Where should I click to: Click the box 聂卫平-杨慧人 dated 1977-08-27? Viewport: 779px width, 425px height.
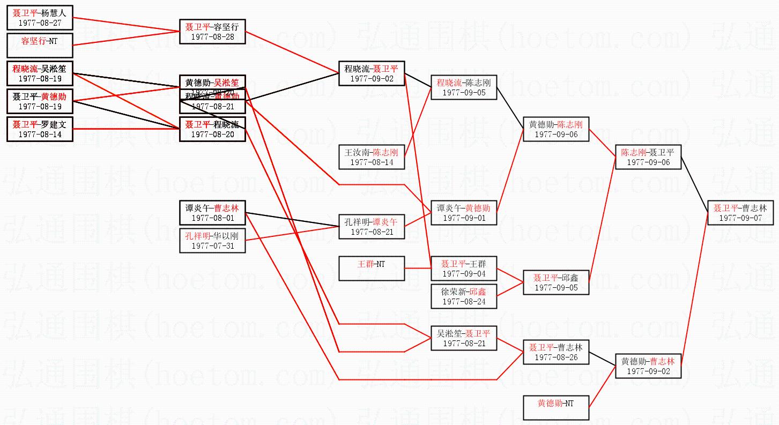(x=40, y=18)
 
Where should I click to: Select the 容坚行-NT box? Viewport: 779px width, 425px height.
(x=40, y=45)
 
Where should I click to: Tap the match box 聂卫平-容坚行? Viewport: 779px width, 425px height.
(x=212, y=32)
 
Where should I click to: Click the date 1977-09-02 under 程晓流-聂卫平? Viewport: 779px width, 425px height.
(x=372, y=78)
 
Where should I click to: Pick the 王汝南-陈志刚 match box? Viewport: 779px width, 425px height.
(x=372, y=157)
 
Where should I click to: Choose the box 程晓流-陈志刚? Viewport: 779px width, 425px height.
(x=464, y=87)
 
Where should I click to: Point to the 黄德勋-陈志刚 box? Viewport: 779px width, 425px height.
(x=556, y=129)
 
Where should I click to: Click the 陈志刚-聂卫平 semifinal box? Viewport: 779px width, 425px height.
(x=648, y=157)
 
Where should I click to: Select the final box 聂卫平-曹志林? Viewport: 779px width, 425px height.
(x=740, y=213)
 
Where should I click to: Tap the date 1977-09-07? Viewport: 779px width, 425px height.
(x=740, y=218)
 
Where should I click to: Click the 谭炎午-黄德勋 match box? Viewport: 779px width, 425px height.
(x=464, y=213)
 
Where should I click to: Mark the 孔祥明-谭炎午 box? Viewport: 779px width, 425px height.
(x=372, y=227)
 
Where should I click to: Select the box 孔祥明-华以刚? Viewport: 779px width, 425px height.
(x=212, y=241)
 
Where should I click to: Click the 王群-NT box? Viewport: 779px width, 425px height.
(x=372, y=269)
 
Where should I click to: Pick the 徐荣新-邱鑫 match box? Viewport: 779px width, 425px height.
(x=464, y=296)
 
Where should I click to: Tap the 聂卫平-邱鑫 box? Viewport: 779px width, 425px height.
(x=556, y=282)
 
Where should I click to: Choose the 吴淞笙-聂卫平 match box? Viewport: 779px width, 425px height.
(x=464, y=338)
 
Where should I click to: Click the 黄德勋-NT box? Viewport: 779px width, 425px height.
(x=556, y=408)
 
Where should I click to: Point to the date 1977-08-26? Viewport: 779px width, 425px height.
(x=556, y=357)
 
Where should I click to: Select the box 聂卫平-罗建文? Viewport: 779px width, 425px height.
(x=40, y=129)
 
